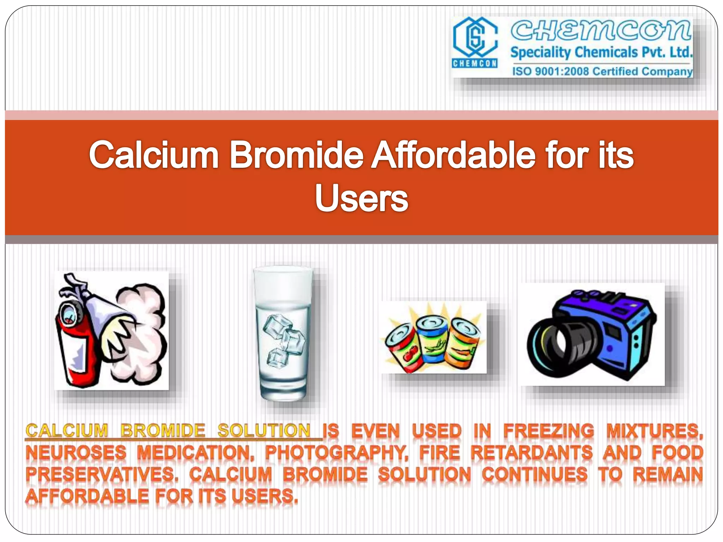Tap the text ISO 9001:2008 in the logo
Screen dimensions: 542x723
click(x=550, y=72)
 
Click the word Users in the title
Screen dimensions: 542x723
click(x=361, y=198)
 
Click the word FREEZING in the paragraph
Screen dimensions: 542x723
click(x=548, y=431)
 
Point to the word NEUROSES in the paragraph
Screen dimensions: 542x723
click(x=76, y=453)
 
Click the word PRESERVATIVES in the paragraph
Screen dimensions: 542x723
click(x=102, y=475)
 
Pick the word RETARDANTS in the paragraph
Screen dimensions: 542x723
click(x=531, y=453)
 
